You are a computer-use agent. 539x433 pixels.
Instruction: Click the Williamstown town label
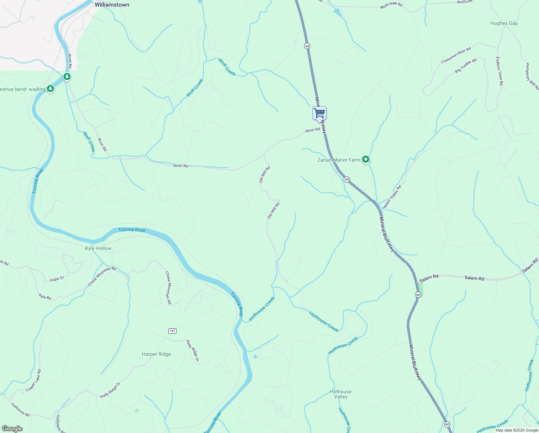click(x=112, y=5)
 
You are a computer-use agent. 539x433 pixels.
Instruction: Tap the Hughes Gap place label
click(x=504, y=23)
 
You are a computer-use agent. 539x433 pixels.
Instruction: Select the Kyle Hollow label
click(x=98, y=248)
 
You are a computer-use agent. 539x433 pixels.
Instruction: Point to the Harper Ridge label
click(x=156, y=354)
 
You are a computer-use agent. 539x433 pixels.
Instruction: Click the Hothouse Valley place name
click(x=340, y=394)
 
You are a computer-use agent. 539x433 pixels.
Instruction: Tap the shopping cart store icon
click(x=319, y=113)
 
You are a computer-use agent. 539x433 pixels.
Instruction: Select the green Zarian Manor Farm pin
click(x=366, y=159)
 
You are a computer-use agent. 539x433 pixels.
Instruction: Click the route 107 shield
click(x=172, y=331)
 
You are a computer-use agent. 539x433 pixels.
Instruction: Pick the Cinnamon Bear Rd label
click(x=456, y=56)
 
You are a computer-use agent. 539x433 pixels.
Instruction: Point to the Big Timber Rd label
click(x=465, y=66)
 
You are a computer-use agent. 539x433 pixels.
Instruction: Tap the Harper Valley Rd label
click(x=392, y=197)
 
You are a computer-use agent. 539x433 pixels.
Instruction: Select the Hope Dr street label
click(x=57, y=279)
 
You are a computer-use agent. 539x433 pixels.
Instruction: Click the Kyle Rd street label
click(x=45, y=297)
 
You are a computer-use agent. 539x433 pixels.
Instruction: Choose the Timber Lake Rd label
click(x=34, y=381)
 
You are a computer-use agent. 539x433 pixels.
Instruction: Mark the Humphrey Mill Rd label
click(x=532, y=76)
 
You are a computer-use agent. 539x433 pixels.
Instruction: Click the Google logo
click(x=12, y=429)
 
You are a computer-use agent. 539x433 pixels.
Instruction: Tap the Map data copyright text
click(x=517, y=430)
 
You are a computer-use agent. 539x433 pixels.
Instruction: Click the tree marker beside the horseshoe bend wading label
click(x=50, y=88)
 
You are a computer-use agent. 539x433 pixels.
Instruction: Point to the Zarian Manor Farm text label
click(x=338, y=160)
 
